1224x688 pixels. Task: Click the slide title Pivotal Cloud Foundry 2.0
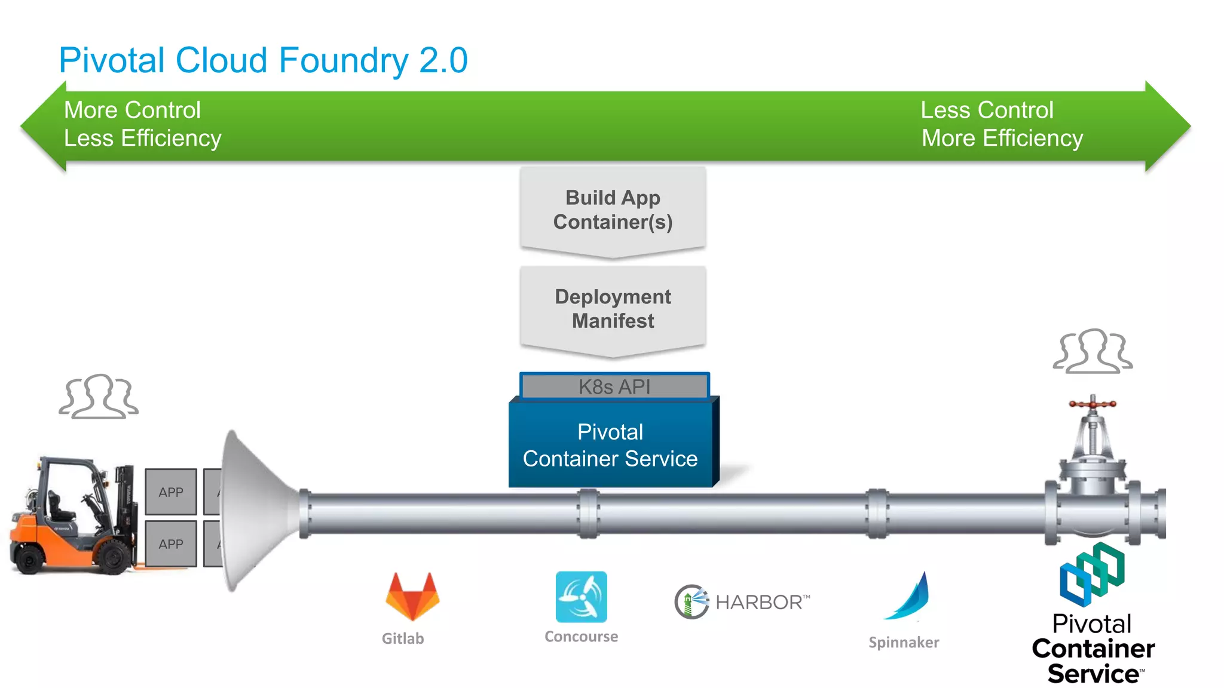pos(263,60)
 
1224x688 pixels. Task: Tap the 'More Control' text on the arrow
pos(132,110)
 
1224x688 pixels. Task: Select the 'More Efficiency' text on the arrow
pos(1002,139)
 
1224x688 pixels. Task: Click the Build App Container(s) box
pos(613,210)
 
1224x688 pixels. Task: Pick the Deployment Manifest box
pos(613,309)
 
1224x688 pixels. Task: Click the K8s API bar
pos(614,386)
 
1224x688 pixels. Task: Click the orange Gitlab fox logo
pos(412,597)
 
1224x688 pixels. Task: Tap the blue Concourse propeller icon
pos(581,597)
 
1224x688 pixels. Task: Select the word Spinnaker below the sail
pos(904,643)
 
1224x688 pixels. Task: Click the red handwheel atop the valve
pos(1093,404)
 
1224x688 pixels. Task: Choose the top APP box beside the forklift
pos(171,492)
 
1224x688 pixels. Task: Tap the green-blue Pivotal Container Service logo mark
pos(1092,574)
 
